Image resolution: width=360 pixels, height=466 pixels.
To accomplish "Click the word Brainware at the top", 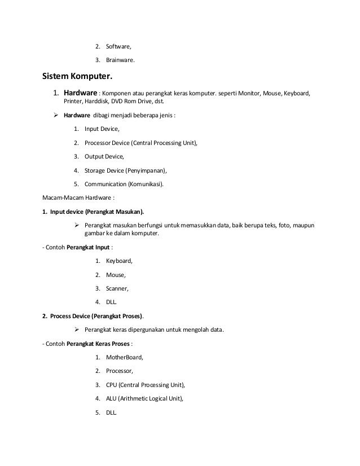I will click(120, 60).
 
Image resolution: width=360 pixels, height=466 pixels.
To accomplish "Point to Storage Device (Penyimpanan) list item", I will click(126, 170).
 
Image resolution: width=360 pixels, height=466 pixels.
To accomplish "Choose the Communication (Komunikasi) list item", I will click(126, 184).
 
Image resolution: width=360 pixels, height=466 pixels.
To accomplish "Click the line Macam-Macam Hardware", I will click(78, 197).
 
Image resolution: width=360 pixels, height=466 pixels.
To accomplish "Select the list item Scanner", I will click(117, 288).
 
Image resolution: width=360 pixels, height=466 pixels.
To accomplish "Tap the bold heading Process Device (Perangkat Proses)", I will click(96, 316).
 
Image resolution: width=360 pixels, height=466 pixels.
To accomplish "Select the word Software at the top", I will click(118, 46).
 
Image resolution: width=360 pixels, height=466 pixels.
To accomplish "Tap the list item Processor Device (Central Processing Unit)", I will click(141, 143).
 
